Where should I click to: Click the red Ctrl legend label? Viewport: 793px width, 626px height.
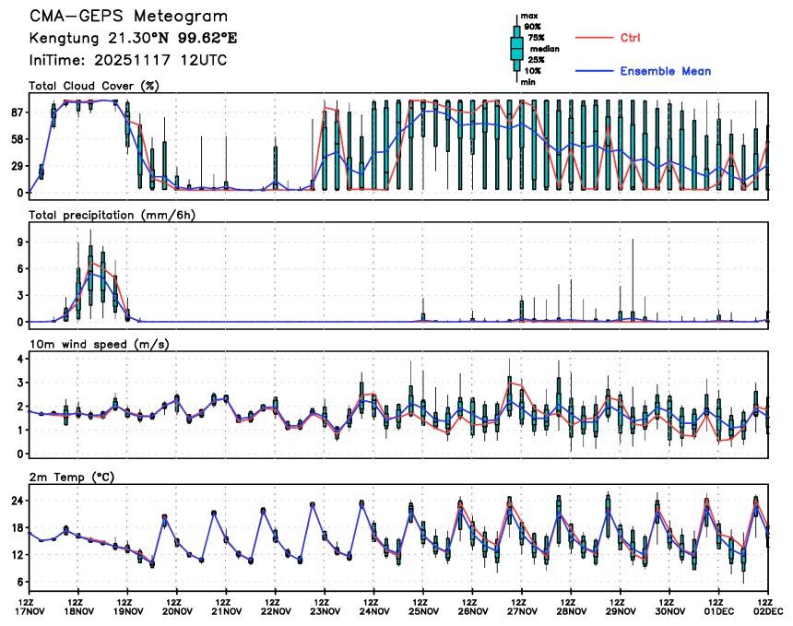631,37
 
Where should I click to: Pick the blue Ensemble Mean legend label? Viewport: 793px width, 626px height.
665,71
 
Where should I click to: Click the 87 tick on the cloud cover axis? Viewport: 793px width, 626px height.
16,112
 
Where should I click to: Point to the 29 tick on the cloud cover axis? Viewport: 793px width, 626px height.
16,166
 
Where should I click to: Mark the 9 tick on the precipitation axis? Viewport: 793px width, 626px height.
19,242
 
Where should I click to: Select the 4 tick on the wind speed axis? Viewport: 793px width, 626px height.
19,359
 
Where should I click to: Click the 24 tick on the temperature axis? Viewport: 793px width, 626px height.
16,501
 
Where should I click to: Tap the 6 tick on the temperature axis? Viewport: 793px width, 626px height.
19,582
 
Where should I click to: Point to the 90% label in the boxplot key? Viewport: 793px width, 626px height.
532,27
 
